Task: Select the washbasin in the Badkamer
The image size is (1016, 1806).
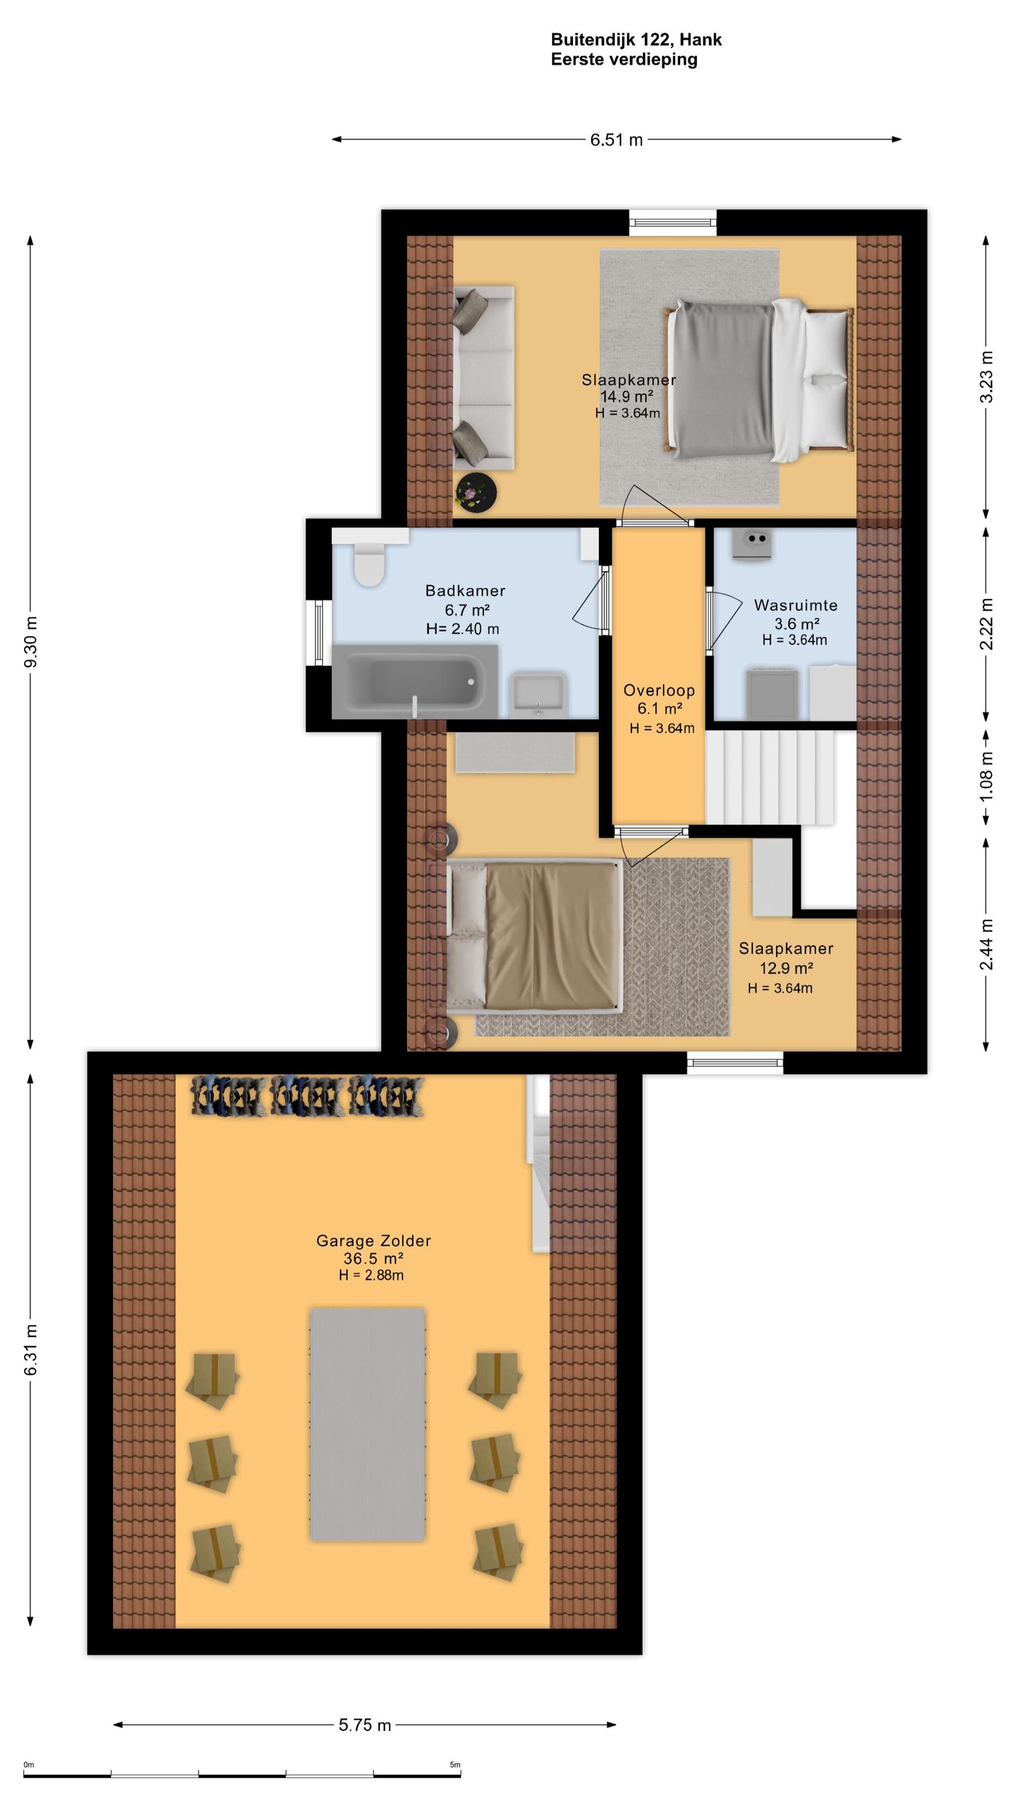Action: (539, 694)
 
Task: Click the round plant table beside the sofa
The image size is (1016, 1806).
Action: (476, 492)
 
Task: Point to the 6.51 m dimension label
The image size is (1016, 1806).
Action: (616, 140)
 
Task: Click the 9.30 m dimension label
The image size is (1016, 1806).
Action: (31, 642)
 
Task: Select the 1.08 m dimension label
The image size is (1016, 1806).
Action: (987, 777)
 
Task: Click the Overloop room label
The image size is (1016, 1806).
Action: (659, 690)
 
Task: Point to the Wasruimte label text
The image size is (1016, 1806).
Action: (796, 605)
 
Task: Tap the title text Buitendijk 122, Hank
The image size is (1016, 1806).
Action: (637, 40)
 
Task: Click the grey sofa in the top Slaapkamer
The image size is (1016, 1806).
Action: (484, 378)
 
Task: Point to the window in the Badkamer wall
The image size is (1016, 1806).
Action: (319, 631)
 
